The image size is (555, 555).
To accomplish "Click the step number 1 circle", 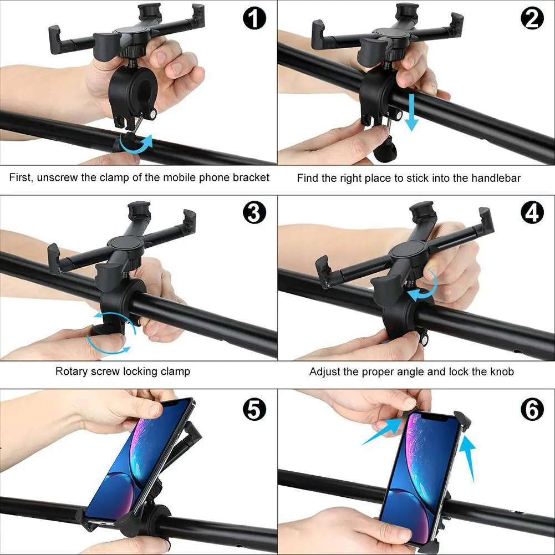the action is [254, 18].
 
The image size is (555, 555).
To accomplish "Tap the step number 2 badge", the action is [532, 18].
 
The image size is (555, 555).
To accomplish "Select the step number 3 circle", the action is [254, 212].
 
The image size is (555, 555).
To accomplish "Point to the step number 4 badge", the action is [532, 212].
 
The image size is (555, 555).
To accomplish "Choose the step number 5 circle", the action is [254, 410].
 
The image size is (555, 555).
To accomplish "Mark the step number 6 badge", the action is [532, 410].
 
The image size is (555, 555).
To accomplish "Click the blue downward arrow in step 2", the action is [411, 112].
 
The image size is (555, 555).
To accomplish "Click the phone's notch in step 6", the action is [437, 417].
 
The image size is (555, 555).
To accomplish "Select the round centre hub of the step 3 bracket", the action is [125, 243].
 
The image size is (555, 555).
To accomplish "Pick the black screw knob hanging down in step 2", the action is [385, 152].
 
